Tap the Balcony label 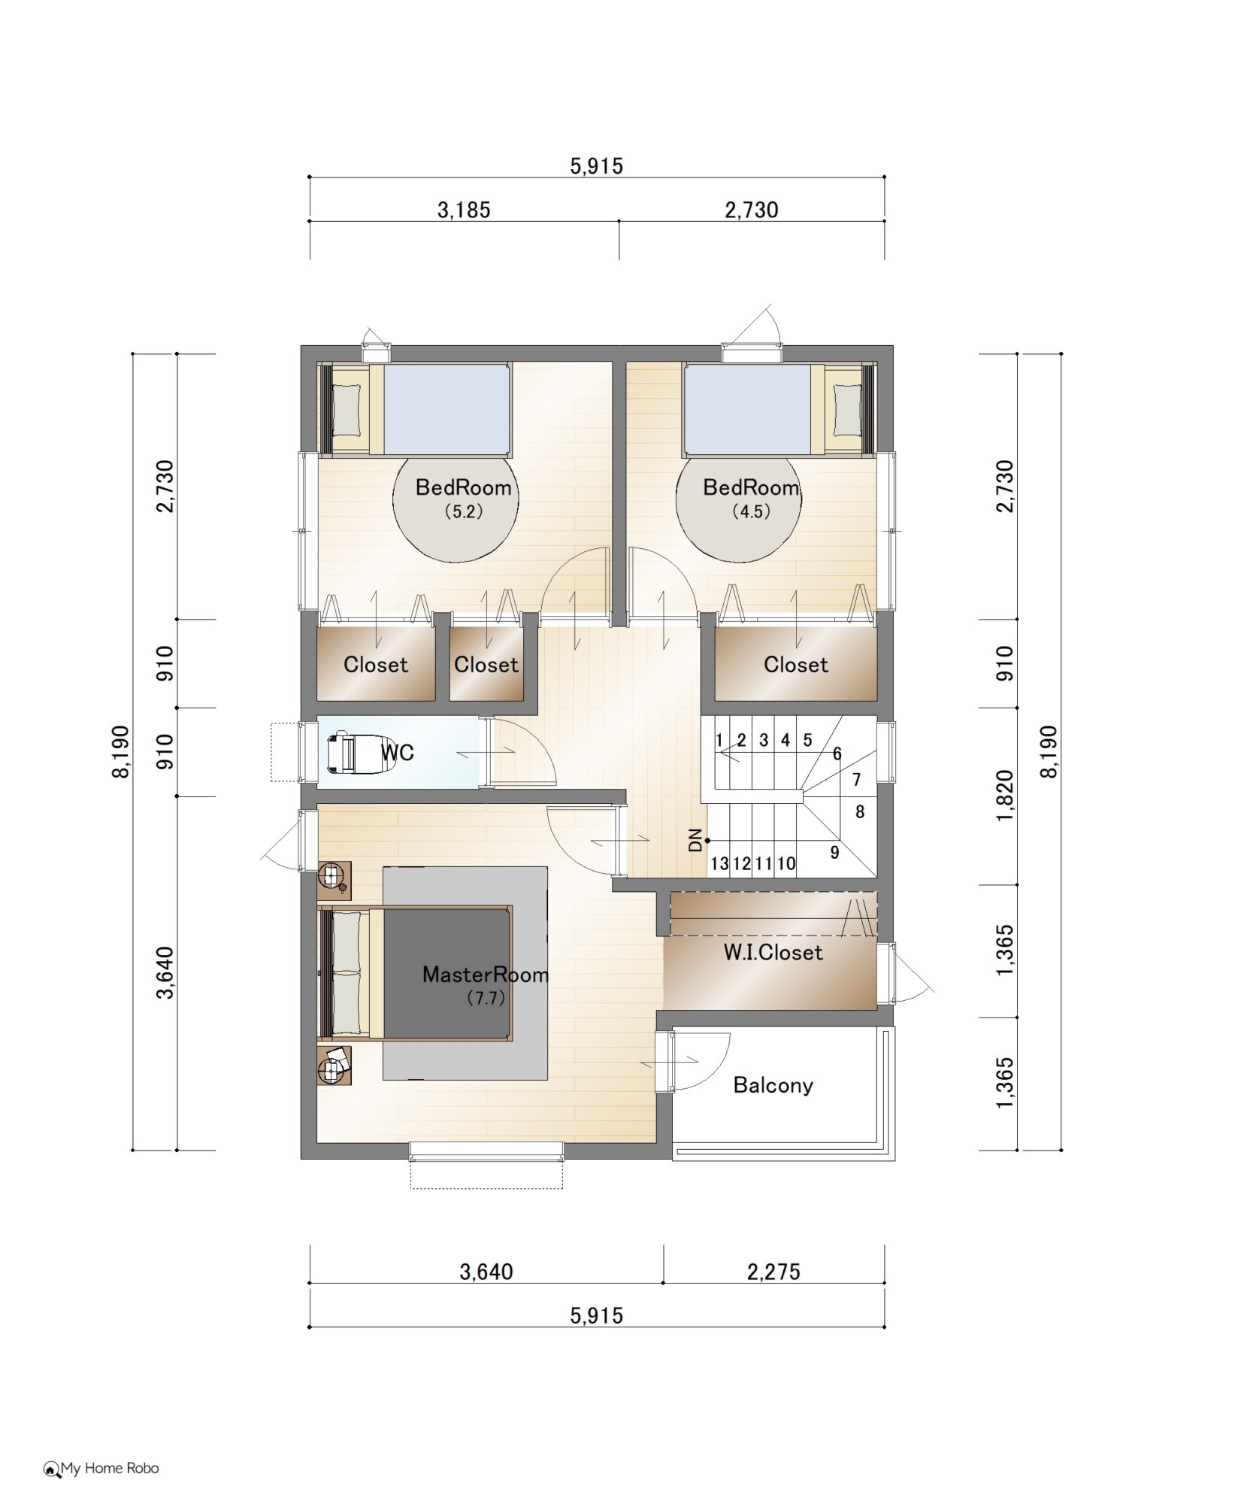[x=773, y=1085]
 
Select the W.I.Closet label [x=773, y=953]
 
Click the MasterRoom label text [x=486, y=975]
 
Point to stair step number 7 [x=856, y=780]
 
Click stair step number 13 [x=719, y=863]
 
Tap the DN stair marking [x=695, y=840]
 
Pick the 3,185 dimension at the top [x=464, y=210]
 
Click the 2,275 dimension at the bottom [x=773, y=1272]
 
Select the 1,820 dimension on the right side [x=1005, y=796]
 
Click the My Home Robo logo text [x=110, y=1468]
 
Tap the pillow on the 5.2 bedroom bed [x=347, y=410]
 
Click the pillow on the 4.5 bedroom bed [x=847, y=410]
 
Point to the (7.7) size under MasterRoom [x=486, y=998]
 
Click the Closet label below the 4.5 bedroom [x=796, y=665]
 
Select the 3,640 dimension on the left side [x=165, y=972]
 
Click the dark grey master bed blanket [x=446, y=973]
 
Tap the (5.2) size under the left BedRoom [x=463, y=511]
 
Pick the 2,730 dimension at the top [x=752, y=210]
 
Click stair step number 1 [x=719, y=740]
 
